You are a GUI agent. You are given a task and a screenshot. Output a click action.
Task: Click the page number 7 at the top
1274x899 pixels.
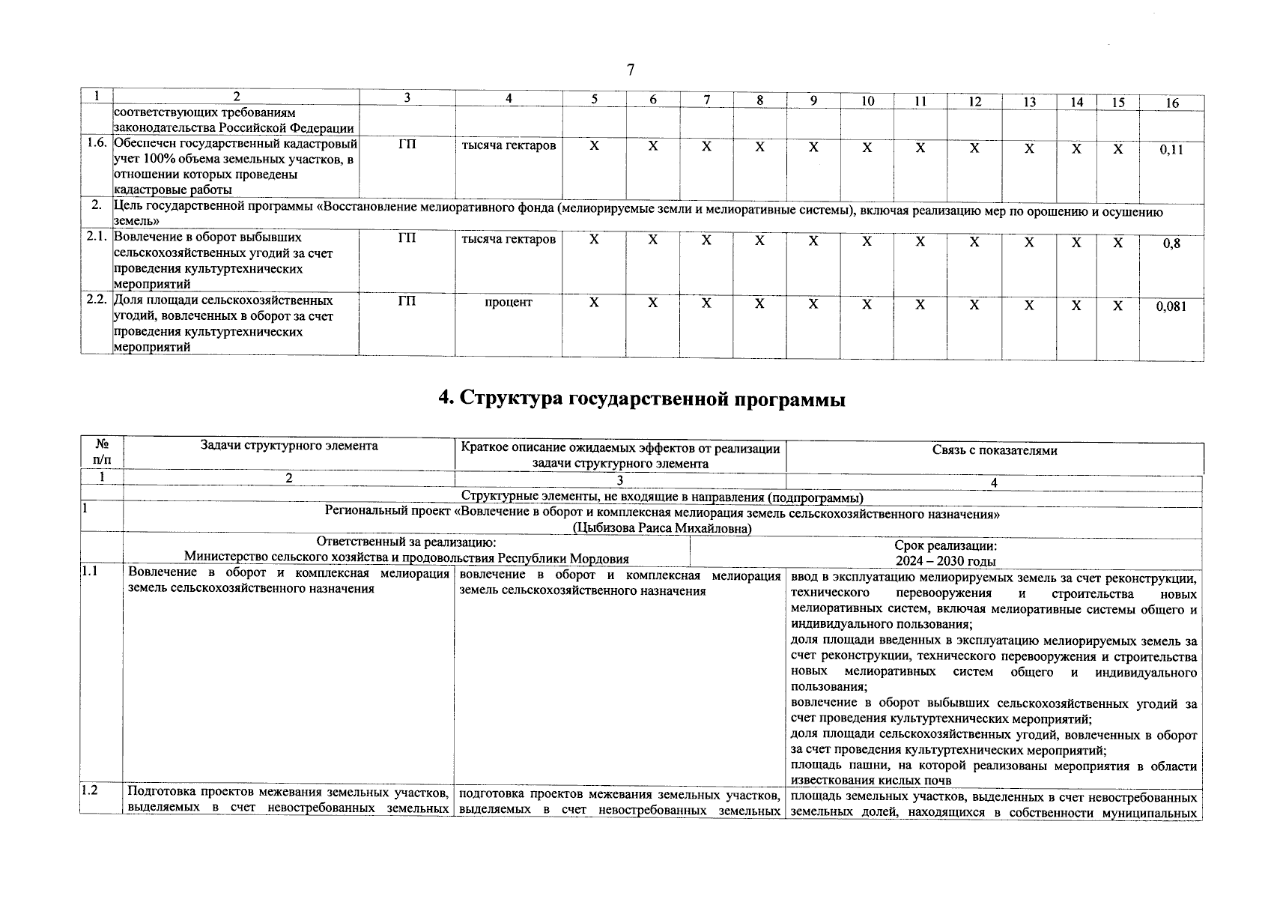(630, 70)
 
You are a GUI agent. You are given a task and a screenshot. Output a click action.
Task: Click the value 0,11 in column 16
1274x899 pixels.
(1171, 149)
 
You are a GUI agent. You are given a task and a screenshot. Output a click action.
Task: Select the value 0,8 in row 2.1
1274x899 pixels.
(1171, 243)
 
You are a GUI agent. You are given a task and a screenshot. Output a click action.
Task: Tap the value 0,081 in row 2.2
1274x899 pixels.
(1171, 306)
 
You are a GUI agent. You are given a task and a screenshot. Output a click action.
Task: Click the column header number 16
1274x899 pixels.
(1171, 103)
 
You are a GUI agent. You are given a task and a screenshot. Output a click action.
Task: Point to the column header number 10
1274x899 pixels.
(867, 100)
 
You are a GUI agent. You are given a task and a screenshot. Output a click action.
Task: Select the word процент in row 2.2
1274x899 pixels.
(508, 302)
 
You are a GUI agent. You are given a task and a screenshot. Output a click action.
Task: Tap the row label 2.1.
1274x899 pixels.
(97, 237)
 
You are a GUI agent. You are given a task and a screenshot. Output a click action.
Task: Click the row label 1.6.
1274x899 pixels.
(97, 143)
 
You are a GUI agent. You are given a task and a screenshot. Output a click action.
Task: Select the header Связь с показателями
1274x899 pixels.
(994, 450)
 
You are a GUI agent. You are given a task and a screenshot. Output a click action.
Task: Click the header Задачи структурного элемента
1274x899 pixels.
(289, 447)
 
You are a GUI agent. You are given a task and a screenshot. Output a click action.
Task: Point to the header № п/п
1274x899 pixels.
(101, 452)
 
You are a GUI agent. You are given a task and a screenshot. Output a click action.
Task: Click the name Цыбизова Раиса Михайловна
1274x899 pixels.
(661, 528)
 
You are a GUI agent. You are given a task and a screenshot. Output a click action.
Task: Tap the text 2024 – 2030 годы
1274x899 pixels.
(945, 560)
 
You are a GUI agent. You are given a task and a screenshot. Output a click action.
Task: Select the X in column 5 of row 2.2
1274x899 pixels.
(594, 303)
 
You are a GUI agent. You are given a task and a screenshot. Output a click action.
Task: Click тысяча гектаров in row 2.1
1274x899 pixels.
(508, 240)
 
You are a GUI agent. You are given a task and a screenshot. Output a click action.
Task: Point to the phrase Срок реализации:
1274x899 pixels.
(945, 546)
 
